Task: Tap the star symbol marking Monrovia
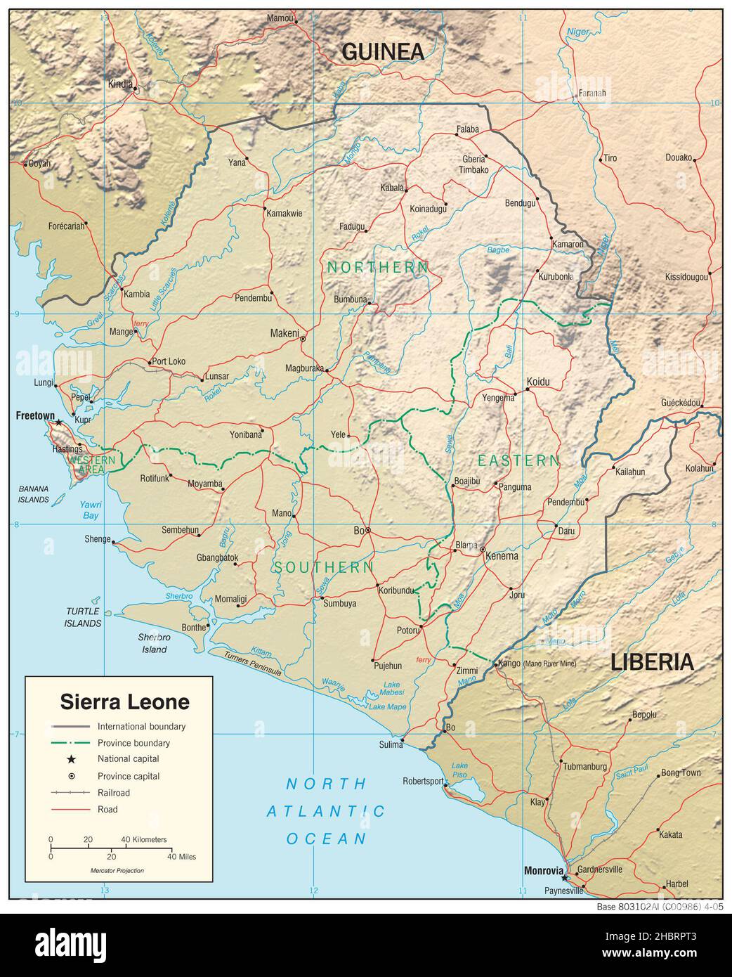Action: tap(564, 877)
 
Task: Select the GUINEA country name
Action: tap(383, 51)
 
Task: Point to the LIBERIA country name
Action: tap(652, 661)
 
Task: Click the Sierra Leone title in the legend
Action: tap(124, 701)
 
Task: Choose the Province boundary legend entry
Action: tap(133, 742)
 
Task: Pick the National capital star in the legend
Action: tap(71, 759)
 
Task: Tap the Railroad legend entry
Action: tap(114, 793)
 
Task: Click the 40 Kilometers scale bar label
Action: tap(144, 839)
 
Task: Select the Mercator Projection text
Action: tap(117, 870)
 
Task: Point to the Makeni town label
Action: tap(285, 332)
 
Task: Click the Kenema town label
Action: tap(502, 556)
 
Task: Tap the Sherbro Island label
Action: tap(154, 643)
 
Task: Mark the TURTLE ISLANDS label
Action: tap(82, 617)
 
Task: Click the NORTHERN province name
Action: tap(377, 267)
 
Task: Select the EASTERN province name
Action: tap(518, 461)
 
